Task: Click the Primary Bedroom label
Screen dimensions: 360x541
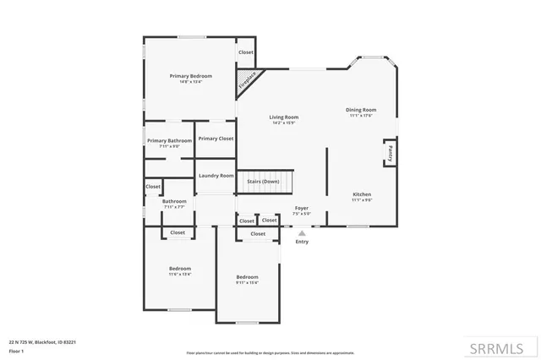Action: click(x=190, y=76)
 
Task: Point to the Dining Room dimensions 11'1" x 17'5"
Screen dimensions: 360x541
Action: click(x=361, y=115)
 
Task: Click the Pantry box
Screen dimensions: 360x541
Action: click(x=390, y=153)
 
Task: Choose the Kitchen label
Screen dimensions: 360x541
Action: click(x=361, y=194)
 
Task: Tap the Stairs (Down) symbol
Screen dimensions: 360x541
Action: click(x=263, y=182)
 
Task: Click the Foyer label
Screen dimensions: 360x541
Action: click(x=302, y=208)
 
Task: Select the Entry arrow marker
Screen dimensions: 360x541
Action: click(x=302, y=232)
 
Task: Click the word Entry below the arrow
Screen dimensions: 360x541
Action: click(x=302, y=242)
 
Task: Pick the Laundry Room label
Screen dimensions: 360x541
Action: click(x=216, y=176)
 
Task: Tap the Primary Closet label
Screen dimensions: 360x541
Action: click(x=216, y=139)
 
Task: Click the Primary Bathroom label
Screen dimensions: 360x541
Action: click(x=169, y=141)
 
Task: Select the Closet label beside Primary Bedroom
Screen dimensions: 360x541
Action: click(x=245, y=52)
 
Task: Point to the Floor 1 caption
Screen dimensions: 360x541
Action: click(x=16, y=350)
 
